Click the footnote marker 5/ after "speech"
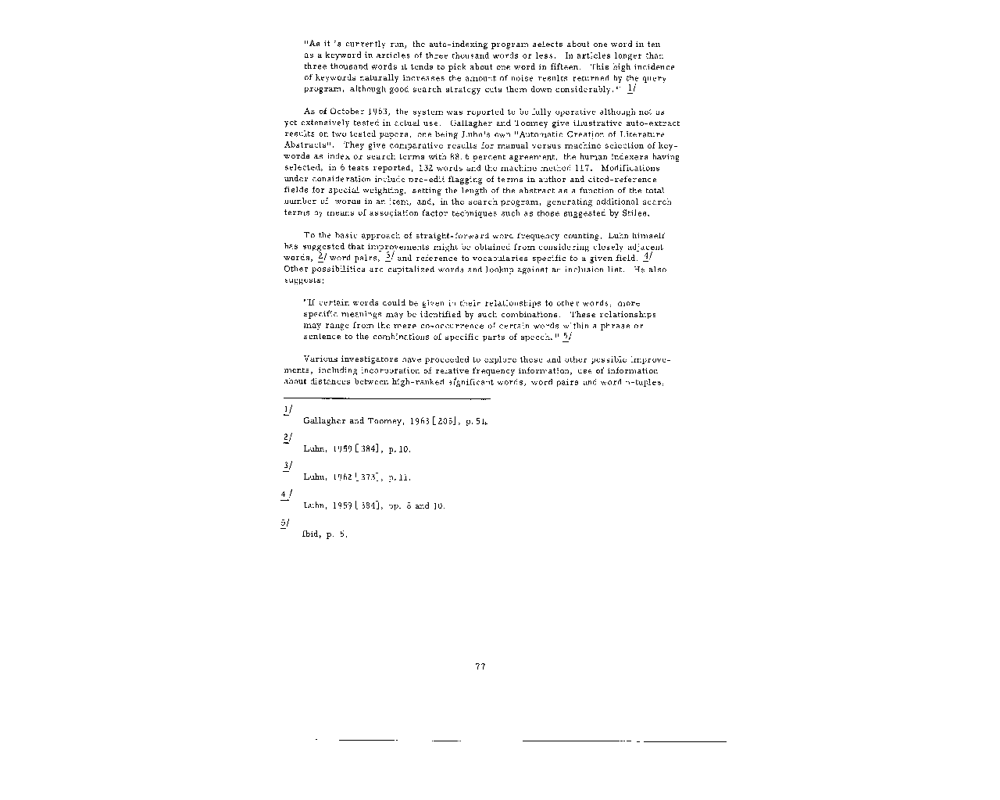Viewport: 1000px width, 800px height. [x=567, y=337]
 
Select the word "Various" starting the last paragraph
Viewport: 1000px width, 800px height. [x=318, y=359]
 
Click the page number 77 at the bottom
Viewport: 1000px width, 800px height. [x=480, y=666]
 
